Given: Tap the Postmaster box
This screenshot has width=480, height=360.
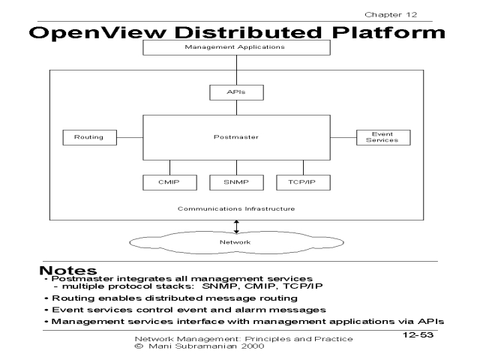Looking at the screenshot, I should coord(235,137).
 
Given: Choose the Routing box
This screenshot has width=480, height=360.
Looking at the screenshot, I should coord(83,137).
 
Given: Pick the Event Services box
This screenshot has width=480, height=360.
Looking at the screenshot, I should coord(382,137).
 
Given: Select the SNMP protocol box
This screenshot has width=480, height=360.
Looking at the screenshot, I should coord(236,181).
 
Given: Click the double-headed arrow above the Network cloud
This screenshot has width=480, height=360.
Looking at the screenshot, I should coord(236,226).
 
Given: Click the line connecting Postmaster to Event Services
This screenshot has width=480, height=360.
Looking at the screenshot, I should coord(341,137).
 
